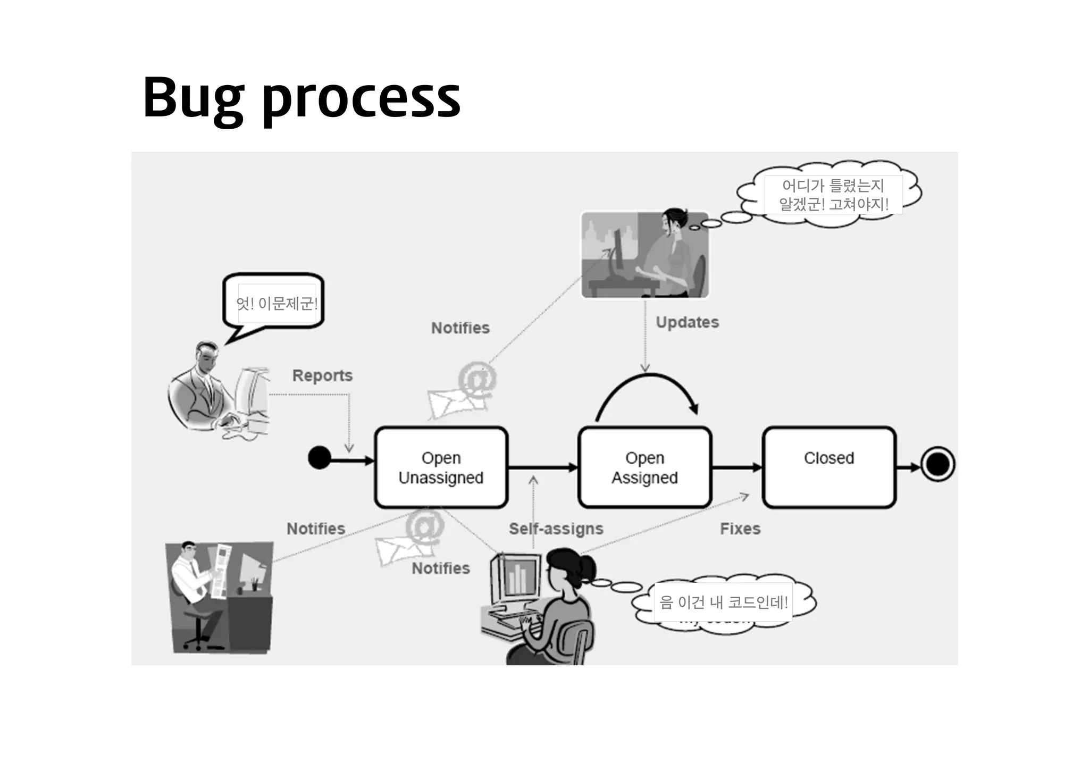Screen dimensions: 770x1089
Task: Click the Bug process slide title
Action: click(301, 98)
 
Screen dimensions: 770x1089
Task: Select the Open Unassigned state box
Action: click(441, 467)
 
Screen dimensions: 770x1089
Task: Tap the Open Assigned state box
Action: click(644, 467)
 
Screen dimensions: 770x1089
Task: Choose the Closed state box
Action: click(828, 467)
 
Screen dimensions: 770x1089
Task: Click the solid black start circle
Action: click(320, 458)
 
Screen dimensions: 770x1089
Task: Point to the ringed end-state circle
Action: click(937, 464)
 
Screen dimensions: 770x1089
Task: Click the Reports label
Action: click(322, 375)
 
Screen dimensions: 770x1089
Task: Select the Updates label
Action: click(687, 322)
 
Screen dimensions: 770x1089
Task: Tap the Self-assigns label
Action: click(556, 529)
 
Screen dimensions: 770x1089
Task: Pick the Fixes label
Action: click(740, 529)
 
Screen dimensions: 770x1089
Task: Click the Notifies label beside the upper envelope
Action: click(460, 328)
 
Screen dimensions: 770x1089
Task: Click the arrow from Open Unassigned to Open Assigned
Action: click(542, 467)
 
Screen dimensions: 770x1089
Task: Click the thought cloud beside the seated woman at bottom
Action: click(723, 603)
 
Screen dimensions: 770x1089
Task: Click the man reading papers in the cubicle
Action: click(219, 597)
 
